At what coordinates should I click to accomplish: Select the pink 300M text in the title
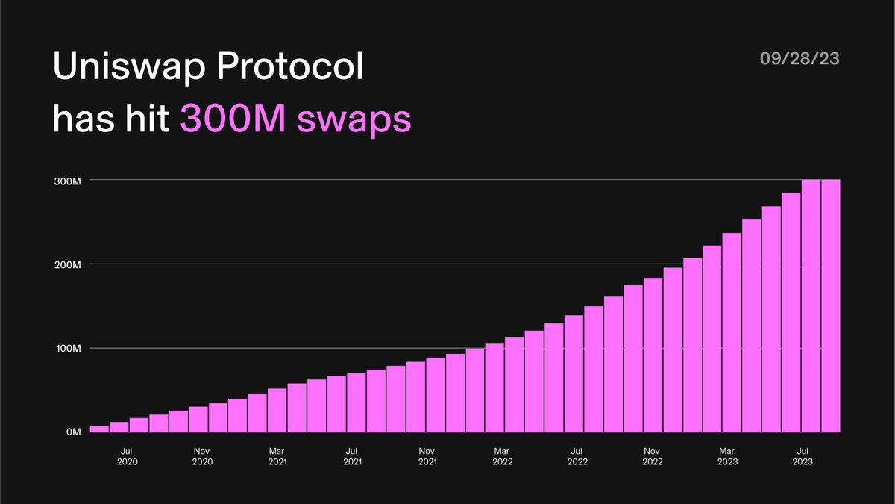click(x=231, y=119)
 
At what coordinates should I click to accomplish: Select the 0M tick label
click(x=72, y=432)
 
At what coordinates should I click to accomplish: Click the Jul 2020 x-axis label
click(x=127, y=456)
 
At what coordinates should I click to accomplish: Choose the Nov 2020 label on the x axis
click(x=202, y=456)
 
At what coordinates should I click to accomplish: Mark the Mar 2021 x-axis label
click(x=277, y=456)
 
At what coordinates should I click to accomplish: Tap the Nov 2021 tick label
click(x=427, y=456)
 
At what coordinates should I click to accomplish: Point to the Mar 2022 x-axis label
click(x=502, y=456)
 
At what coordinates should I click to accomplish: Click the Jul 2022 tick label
click(x=577, y=456)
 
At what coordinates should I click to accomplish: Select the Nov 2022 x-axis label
click(x=652, y=456)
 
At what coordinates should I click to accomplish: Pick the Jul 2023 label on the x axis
click(x=803, y=456)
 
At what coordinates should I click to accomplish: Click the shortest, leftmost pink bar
click(x=99, y=429)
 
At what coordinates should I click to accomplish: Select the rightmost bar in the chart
click(x=830, y=306)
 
